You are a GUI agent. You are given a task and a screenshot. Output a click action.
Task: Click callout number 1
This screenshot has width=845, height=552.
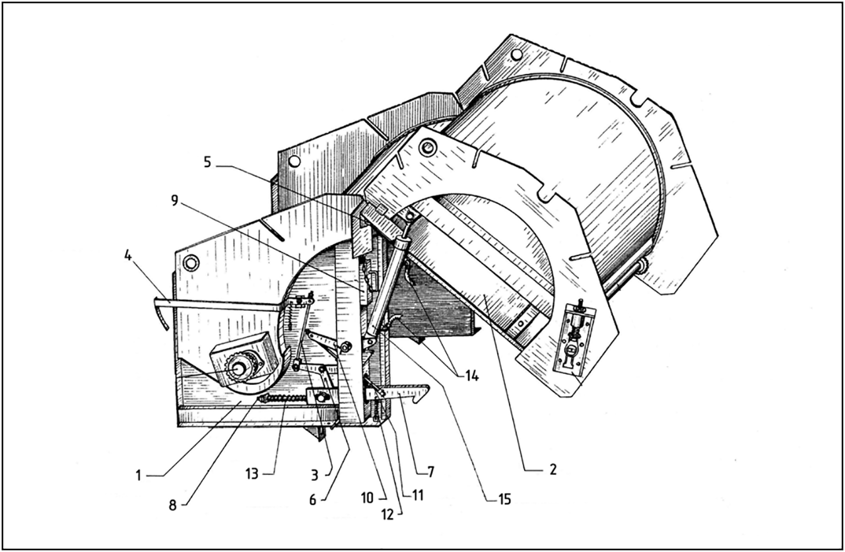pos(139,476)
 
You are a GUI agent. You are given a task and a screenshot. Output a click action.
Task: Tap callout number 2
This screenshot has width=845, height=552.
pos(553,469)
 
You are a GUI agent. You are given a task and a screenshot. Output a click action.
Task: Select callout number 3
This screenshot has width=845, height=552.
pos(315,476)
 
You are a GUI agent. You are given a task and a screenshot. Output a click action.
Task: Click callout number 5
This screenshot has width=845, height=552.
pos(207,162)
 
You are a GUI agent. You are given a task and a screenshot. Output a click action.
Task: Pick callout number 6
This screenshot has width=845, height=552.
pos(313,500)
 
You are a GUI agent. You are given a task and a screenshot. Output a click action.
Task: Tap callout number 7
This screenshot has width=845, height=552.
pos(431,471)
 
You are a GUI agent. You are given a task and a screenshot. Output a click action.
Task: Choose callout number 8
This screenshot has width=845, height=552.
pos(172,505)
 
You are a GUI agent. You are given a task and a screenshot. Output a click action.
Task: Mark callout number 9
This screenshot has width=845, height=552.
pos(174,200)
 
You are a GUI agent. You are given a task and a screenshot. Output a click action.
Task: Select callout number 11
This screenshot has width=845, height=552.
pos(417,496)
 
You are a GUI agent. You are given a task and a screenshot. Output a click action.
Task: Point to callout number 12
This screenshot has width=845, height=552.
pos(388,514)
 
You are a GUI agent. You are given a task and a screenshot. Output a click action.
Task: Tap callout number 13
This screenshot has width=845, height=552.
pos(252,473)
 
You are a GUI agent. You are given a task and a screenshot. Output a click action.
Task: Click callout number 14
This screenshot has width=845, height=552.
pos(471,376)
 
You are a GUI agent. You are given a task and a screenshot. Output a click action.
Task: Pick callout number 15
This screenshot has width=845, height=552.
pos(504,499)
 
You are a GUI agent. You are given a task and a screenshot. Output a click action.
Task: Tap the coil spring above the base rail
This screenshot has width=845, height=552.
pos(283,398)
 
